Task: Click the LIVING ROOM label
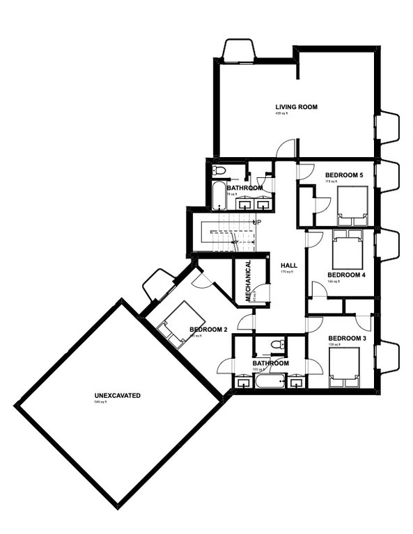click(x=296, y=107)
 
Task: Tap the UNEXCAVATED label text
click(x=118, y=396)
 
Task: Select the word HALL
click(x=289, y=266)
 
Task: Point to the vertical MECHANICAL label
click(x=247, y=280)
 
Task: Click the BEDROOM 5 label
click(x=343, y=175)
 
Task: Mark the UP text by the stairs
click(x=257, y=222)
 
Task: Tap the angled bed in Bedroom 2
click(x=173, y=321)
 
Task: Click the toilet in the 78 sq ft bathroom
click(x=218, y=170)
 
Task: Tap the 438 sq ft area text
click(x=282, y=113)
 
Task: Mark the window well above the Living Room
click(x=239, y=51)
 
